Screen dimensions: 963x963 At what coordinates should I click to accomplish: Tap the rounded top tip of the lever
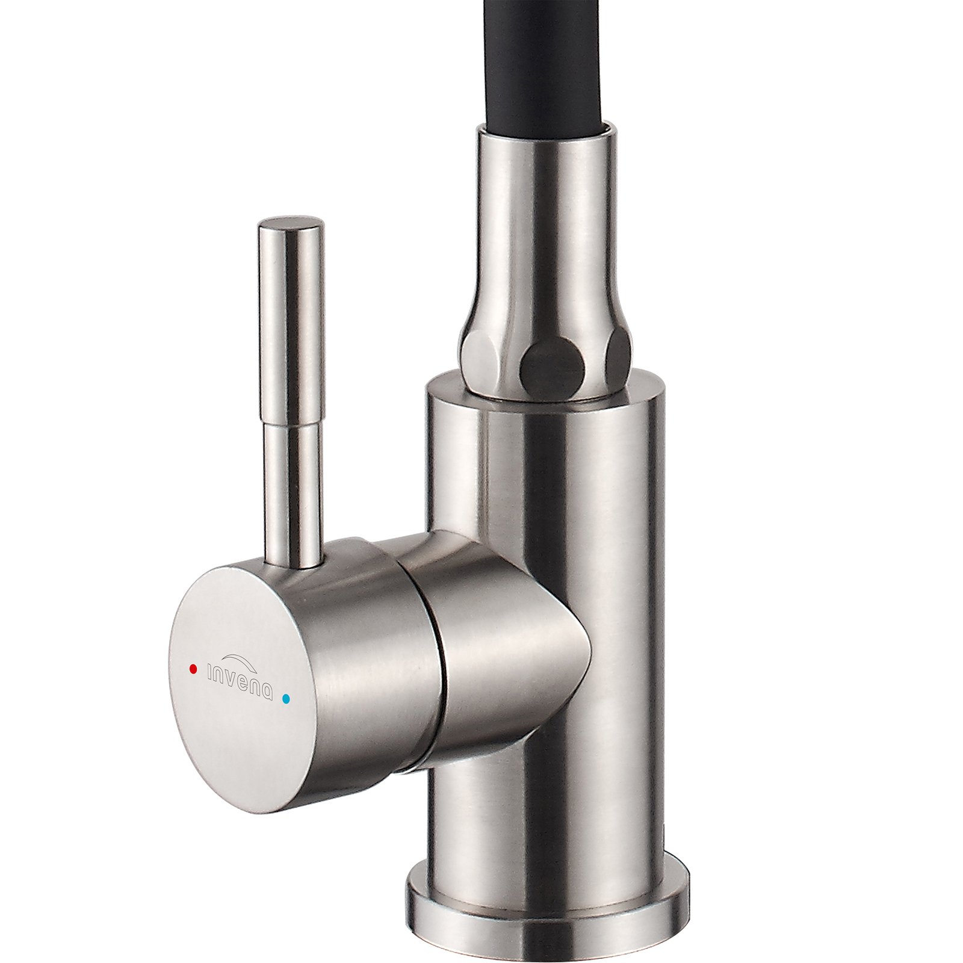point(291,223)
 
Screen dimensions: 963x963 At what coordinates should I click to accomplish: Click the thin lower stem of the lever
point(291,494)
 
